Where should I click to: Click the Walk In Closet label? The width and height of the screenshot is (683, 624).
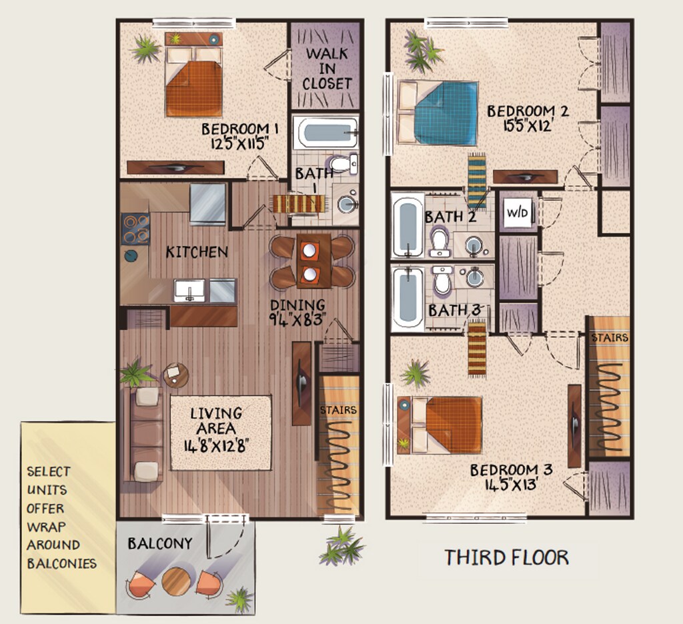coord(327,69)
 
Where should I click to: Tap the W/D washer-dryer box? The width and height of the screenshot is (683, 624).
coord(518,213)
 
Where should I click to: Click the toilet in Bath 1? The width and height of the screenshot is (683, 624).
coord(344,164)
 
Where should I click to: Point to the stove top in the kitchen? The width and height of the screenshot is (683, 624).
coord(135,229)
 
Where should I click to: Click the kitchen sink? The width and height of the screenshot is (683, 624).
coord(189,291)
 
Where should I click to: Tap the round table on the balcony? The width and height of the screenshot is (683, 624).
coord(176,581)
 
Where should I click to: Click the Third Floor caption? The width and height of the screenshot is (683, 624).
coord(507,557)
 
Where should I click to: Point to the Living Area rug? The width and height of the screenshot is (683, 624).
coord(221,433)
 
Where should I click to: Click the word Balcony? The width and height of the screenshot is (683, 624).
coord(160,543)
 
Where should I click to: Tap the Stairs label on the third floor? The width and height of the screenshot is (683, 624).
coord(610,338)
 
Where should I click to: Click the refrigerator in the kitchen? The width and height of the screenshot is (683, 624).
coord(208,204)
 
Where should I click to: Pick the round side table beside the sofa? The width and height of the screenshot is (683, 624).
coord(176,375)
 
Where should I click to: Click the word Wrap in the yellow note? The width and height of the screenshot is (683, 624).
coord(46,527)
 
